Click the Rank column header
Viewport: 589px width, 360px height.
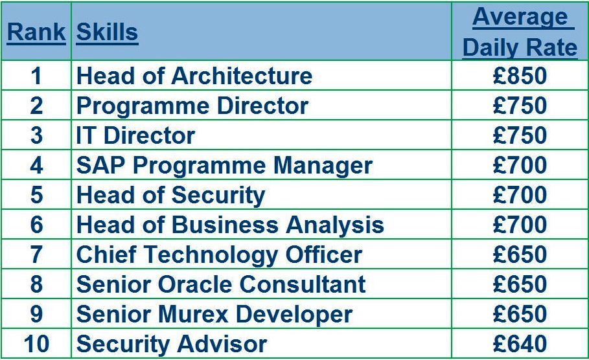point(36,32)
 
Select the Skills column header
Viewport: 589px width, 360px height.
point(108,32)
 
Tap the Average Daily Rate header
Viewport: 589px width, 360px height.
point(520,32)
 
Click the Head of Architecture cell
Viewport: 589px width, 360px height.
point(194,76)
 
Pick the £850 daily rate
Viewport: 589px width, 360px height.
point(520,76)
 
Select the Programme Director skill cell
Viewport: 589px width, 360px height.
point(192,106)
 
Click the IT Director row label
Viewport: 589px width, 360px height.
point(135,135)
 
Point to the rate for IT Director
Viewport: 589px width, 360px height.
point(520,135)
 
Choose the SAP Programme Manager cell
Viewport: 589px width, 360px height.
point(224,165)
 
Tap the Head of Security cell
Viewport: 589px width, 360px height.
point(170,195)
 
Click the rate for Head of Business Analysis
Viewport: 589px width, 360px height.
point(520,225)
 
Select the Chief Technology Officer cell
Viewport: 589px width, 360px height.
point(219,254)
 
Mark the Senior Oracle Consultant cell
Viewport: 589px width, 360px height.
point(221,284)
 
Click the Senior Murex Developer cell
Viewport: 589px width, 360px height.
point(214,314)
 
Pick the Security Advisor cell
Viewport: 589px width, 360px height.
point(171,344)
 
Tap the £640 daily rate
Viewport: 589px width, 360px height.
point(520,344)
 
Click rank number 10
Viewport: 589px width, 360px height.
point(36,344)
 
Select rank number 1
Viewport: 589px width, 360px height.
point(36,76)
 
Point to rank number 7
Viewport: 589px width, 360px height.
point(36,254)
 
